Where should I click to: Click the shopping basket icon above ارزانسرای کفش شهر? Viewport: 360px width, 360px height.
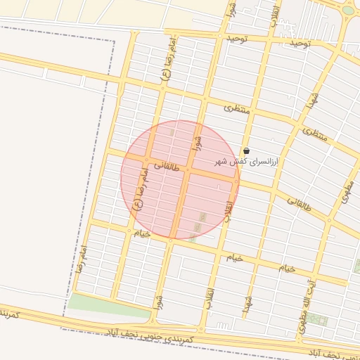click(x=246, y=150)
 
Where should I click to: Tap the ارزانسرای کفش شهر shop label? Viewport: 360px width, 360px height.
click(x=247, y=162)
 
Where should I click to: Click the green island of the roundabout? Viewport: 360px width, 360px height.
click(x=348, y=10)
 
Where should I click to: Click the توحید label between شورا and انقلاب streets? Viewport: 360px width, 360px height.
click(x=237, y=38)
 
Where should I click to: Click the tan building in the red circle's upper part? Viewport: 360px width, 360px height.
click(x=172, y=131)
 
